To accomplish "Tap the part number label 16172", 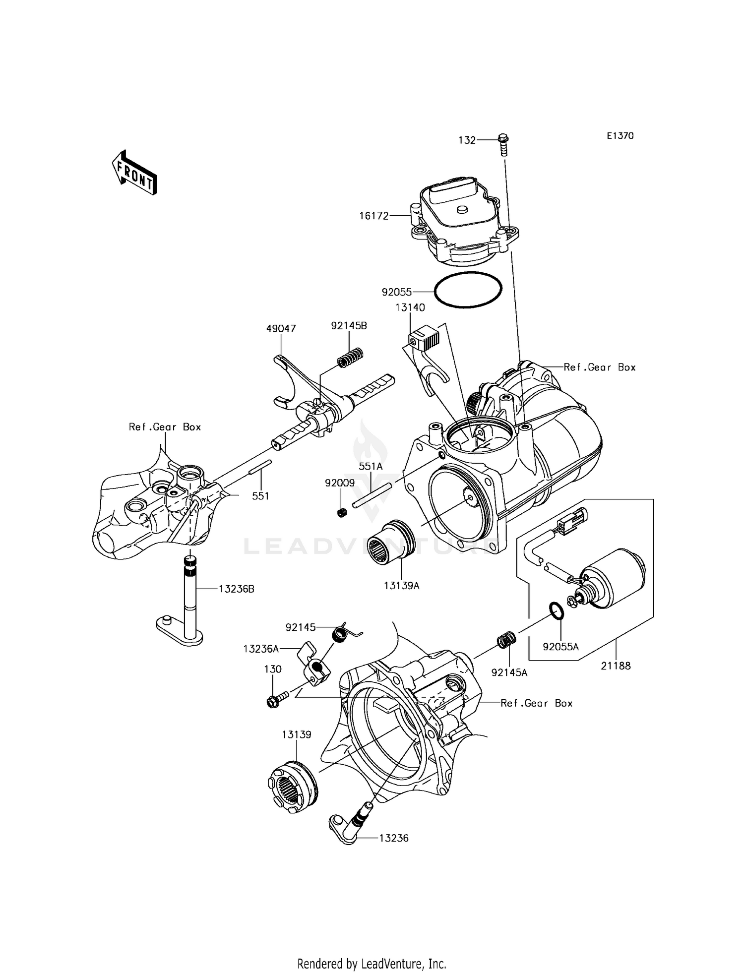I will click(x=374, y=216).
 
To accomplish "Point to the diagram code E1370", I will click(x=620, y=136).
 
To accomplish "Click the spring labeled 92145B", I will click(x=351, y=357).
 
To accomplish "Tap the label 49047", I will click(x=281, y=328).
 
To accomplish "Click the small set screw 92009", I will click(x=341, y=512).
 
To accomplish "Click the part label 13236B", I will click(x=237, y=589).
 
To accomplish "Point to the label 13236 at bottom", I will click(x=394, y=838).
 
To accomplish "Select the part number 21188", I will click(x=616, y=666).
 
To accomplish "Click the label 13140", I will click(x=410, y=307).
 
